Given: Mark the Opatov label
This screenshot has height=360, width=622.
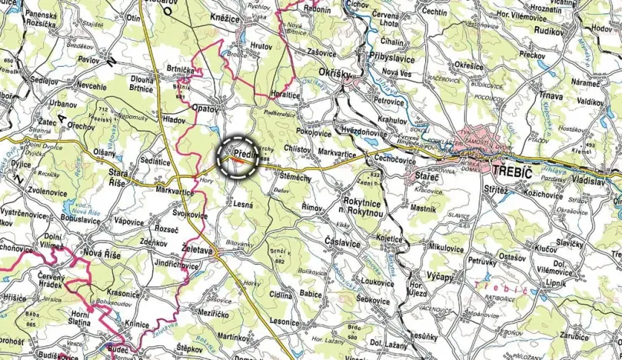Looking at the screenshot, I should click(207, 108).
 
